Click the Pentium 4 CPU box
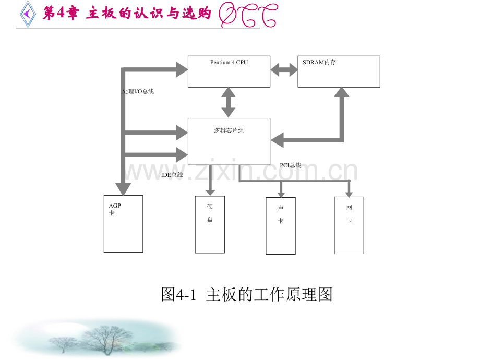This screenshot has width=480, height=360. tap(229, 71)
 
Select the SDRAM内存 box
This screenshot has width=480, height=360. tap(339, 71)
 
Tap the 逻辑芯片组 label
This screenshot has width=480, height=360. tap(229, 130)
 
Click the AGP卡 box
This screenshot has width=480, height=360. tap(123, 224)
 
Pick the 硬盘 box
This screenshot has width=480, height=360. tap(210, 224)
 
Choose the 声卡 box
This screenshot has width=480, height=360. tap(281, 226)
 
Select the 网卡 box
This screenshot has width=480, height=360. tap(349, 225)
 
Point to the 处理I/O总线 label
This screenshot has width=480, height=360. tap(138, 91)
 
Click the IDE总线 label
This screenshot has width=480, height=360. tap(172, 175)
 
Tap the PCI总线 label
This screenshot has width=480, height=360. tap(290, 165)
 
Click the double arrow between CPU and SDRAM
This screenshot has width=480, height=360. tap(284, 69)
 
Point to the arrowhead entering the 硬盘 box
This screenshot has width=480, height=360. tap(210, 190)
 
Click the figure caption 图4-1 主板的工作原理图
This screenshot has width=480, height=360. tap(246, 295)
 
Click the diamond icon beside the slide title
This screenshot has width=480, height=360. tap(27, 13)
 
